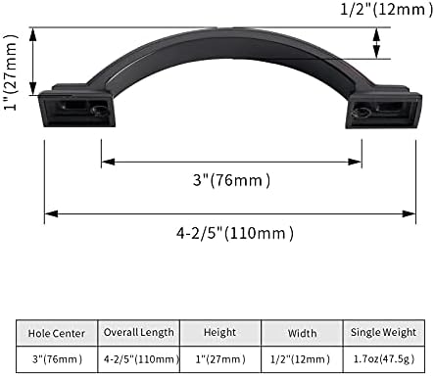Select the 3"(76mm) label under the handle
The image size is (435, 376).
pos(231,179)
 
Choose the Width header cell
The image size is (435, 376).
pos(303,333)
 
